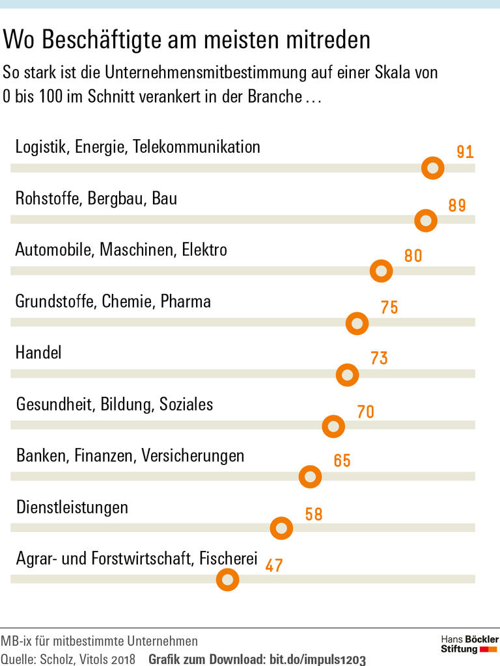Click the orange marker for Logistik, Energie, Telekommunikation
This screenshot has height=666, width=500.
click(x=432, y=168)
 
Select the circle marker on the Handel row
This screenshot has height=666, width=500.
click(x=347, y=375)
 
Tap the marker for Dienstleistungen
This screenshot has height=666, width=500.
click(x=281, y=528)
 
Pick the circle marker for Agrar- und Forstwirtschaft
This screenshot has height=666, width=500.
click(x=227, y=579)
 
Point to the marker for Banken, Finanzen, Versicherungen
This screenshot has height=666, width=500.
click(x=310, y=477)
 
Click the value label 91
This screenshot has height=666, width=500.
click(x=465, y=153)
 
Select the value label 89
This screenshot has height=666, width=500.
click(x=457, y=206)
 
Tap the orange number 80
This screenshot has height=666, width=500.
click(x=413, y=256)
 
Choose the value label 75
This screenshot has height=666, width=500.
click(x=389, y=307)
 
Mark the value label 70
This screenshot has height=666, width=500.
click(x=366, y=412)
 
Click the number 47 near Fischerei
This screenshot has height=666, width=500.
click(x=274, y=566)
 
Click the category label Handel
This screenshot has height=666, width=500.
click(x=38, y=353)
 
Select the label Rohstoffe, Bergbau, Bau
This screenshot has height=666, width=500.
click(x=96, y=198)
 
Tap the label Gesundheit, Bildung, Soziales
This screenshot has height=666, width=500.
click(x=115, y=404)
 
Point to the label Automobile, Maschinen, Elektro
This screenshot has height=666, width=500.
click(x=121, y=249)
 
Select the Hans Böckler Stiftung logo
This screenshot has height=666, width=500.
click(x=469, y=644)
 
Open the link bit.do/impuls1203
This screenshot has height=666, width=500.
click(x=318, y=659)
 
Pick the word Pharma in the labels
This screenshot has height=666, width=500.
click(x=186, y=302)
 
